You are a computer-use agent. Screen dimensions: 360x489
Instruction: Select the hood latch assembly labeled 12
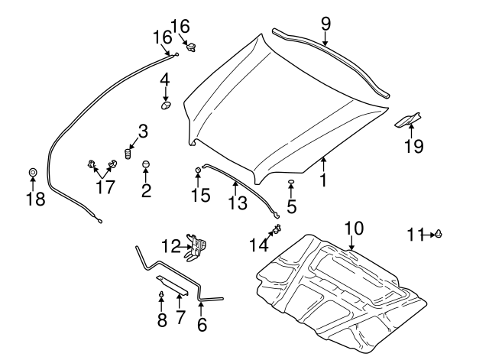click(200, 245)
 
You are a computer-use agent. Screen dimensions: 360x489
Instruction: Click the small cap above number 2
click(146, 164)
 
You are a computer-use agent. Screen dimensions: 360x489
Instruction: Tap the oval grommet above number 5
click(291, 183)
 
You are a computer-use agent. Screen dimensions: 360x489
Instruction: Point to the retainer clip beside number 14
click(277, 229)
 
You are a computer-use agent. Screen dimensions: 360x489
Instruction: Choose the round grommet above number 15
click(198, 168)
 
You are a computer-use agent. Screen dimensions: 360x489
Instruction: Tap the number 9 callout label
click(325, 24)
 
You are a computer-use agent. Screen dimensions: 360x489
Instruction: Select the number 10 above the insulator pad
click(354, 228)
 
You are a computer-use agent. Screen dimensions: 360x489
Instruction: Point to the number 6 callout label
click(202, 324)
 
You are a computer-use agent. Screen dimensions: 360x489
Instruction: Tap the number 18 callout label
click(34, 200)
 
